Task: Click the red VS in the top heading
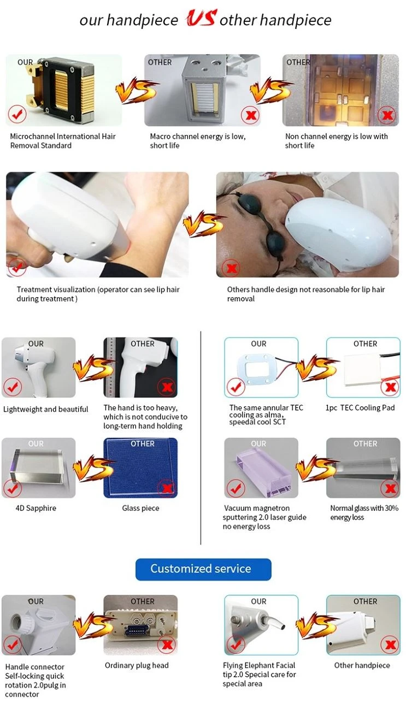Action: [201, 17]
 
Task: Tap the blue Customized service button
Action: [203, 569]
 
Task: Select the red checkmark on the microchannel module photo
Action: [17, 114]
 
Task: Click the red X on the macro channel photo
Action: [250, 115]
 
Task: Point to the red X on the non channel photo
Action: [387, 115]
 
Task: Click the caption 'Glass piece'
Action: [140, 508]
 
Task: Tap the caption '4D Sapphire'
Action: [36, 508]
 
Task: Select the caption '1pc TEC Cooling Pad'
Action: [360, 407]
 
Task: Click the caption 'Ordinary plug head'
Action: [137, 665]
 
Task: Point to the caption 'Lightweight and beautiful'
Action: [45, 409]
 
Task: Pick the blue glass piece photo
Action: [140, 468]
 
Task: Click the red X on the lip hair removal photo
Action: [231, 268]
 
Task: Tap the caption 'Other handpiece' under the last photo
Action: [362, 665]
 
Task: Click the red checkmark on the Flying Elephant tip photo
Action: [235, 644]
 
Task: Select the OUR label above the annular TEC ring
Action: [258, 344]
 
